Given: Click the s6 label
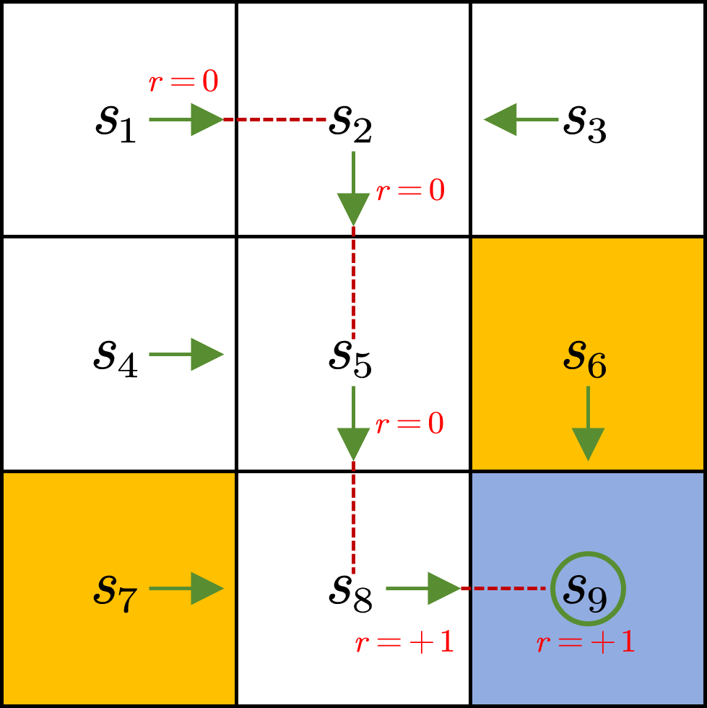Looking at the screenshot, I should tap(585, 358).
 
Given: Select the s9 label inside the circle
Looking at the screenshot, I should tap(586, 590).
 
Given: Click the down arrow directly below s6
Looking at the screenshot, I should tap(588, 426).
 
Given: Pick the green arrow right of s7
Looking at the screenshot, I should tap(188, 588).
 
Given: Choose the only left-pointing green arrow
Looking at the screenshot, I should tap(520, 119).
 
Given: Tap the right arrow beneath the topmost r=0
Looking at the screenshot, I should tap(188, 119).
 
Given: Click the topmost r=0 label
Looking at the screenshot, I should tap(183, 82).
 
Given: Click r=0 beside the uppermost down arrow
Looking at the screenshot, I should tap(410, 191).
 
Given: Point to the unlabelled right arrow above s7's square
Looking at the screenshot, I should tap(188, 354).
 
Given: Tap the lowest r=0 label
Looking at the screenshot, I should tap(409, 424).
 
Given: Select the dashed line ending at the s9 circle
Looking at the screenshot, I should tap(503, 588).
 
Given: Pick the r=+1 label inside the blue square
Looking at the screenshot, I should tap(586, 642).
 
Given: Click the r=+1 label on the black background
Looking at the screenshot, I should tap(404, 642).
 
